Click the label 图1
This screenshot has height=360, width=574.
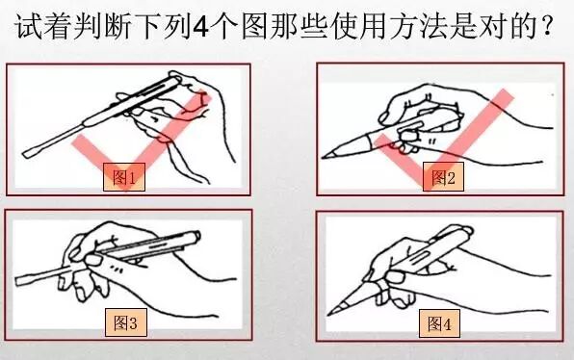pyautogui.click(x=124, y=177)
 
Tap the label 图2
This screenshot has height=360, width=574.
pyautogui.click(x=443, y=177)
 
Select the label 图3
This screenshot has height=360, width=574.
pyautogui.click(x=125, y=322)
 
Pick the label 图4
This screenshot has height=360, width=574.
pyautogui.click(x=439, y=323)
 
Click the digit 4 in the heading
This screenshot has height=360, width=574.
pyautogui.click(x=200, y=27)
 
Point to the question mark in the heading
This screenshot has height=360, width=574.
pyautogui.click(x=547, y=26)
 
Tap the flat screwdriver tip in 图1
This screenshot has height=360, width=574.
pyautogui.click(x=26, y=154)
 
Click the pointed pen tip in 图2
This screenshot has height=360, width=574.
pyautogui.click(x=324, y=157)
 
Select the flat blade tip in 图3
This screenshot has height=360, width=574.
pyautogui.click(x=19, y=281)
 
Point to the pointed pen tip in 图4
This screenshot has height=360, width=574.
pyautogui.click(x=329, y=313)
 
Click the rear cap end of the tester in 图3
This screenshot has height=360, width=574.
pyautogui.click(x=196, y=236)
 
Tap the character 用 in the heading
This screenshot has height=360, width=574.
pyautogui.click(x=372, y=26)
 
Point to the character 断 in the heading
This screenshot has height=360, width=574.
pyautogui.click(x=117, y=26)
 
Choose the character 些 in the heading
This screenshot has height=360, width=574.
pyautogui.click(x=315, y=26)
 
